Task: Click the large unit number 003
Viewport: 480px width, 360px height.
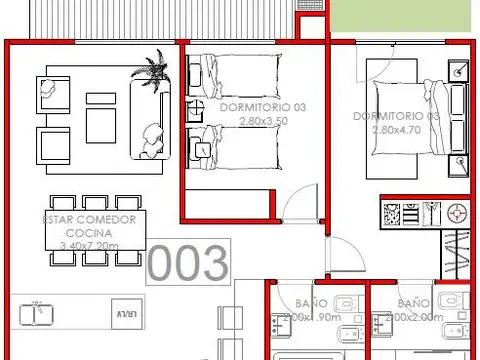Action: (188, 262)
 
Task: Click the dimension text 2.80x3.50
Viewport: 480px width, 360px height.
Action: (262, 120)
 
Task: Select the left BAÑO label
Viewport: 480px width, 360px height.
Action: (308, 302)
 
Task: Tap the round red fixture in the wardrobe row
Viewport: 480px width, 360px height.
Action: (458, 212)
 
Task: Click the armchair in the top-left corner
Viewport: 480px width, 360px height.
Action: (51, 92)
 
